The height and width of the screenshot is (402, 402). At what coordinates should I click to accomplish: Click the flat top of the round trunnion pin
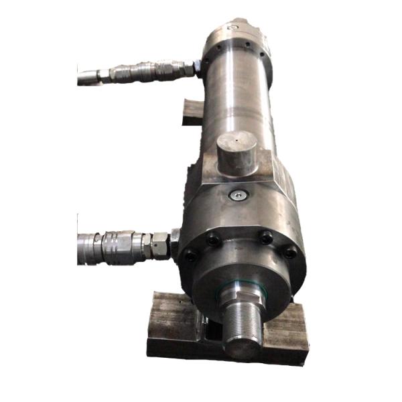235,144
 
